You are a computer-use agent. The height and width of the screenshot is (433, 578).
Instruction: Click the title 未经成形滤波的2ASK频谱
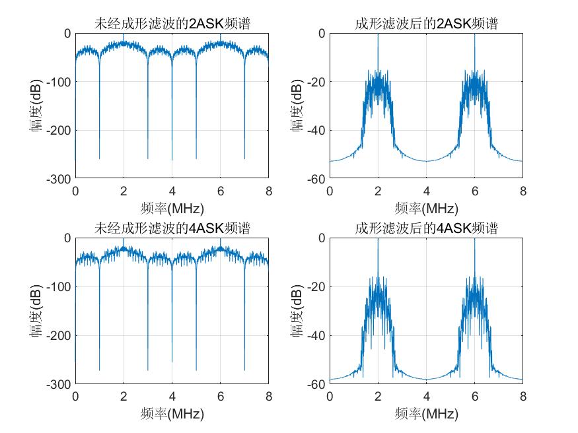[172, 24]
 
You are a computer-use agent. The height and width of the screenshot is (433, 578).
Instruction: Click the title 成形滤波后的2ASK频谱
[426, 24]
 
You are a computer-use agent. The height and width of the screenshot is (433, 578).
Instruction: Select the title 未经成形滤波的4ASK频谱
[172, 228]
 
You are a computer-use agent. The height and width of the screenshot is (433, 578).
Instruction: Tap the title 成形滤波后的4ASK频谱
[426, 228]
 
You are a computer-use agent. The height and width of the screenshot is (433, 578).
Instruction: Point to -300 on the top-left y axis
[60, 179]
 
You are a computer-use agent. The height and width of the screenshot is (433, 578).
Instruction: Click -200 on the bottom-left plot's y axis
[60, 335]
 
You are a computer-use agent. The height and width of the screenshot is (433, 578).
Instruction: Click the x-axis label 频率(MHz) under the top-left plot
[172, 209]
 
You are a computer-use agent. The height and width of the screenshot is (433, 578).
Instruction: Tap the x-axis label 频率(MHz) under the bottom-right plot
[426, 415]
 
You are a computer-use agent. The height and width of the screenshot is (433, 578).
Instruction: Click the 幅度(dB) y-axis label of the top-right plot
[299, 106]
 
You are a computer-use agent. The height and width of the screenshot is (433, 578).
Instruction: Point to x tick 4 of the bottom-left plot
[172, 396]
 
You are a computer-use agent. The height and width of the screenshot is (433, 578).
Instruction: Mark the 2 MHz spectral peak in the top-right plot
[378, 36]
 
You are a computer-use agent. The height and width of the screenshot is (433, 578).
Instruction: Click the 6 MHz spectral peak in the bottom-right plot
[474, 242]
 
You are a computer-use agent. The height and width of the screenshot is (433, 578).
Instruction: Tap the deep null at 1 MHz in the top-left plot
[99, 157]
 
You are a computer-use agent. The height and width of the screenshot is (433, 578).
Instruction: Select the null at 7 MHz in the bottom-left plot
[244, 368]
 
